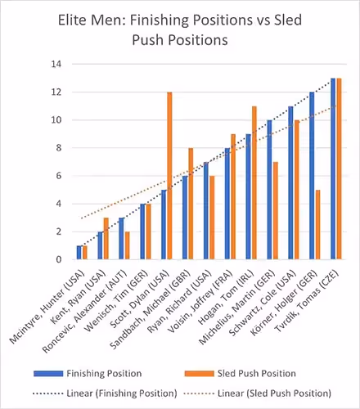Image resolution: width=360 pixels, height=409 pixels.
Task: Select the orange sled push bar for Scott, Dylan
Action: (x=169, y=176)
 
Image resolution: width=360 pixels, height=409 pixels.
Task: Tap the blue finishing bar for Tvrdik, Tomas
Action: (x=333, y=169)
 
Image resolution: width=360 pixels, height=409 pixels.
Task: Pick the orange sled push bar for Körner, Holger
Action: (x=317, y=225)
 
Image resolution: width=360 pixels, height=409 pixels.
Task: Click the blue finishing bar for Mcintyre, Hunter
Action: (x=79, y=253)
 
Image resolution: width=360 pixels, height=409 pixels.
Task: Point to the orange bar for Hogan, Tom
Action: (x=254, y=183)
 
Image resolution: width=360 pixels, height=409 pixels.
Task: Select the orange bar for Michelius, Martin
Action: (x=276, y=211)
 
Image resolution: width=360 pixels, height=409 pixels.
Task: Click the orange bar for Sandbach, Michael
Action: (x=191, y=204)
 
